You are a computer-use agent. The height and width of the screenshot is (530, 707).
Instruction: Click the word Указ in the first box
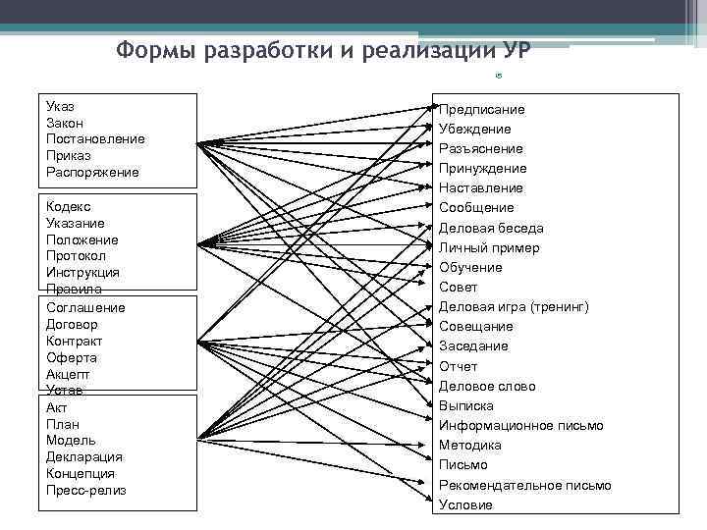click(60, 105)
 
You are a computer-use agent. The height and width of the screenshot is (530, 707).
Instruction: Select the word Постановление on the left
click(94, 138)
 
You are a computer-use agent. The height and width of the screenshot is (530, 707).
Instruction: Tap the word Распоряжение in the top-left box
click(92, 172)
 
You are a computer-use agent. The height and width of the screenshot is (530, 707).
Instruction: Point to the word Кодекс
click(68, 206)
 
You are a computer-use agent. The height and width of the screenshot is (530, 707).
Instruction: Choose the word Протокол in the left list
click(76, 255)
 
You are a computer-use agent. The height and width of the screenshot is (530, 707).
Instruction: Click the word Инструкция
click(82, 272)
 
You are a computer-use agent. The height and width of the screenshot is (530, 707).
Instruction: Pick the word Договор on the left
click(72, 324)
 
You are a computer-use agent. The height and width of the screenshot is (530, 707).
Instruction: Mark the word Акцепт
click(68, 374)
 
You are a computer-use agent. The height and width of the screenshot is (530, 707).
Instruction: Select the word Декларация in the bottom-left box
click(83, 456)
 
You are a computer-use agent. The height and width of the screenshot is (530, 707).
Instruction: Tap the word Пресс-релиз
click(85, 490)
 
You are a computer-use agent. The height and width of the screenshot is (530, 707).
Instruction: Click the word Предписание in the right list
click(481, 109)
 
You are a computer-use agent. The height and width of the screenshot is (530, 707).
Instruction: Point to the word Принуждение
click(482, 168)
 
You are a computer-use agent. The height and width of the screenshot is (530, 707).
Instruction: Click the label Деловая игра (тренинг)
click(514, 307)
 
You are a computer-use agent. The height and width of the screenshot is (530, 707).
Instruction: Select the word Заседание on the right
click(473, 346)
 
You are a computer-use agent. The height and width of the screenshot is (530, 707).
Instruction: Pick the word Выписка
click(466, 405)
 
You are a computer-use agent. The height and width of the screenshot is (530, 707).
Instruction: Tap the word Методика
click(470, 446)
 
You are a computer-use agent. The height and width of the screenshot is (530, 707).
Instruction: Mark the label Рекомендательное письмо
click(524, 485)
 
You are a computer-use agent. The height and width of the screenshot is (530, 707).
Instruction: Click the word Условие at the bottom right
click(465, 505)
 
